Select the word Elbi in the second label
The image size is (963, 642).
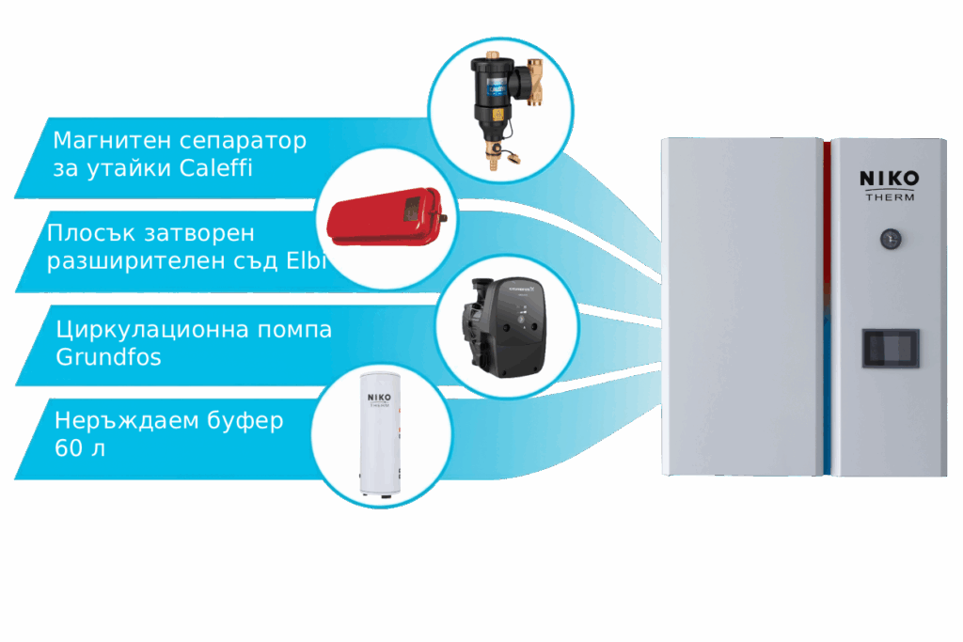305,261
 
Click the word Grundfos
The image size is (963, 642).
109,358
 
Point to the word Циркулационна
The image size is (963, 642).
135,330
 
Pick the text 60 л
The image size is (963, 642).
80,448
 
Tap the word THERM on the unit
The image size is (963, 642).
889,197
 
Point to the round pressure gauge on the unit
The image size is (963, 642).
889,239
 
